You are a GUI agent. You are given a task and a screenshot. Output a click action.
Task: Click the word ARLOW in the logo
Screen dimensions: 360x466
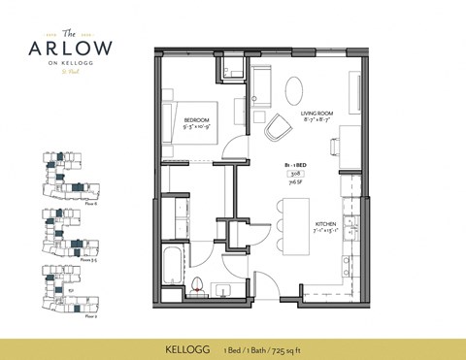74,48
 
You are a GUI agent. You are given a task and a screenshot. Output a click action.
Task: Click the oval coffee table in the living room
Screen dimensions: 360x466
295,86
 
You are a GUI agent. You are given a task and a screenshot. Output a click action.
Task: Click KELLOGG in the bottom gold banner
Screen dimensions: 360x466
181,344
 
